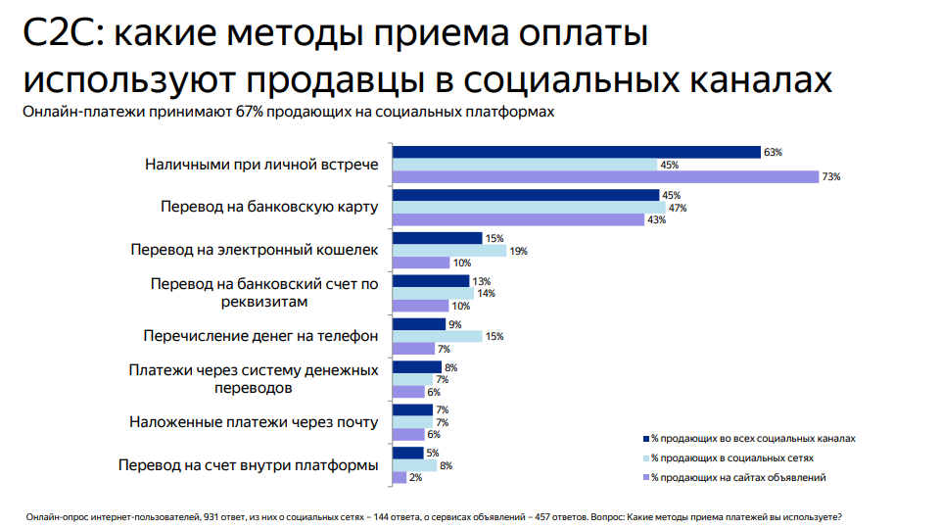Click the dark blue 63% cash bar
[x=576, y=152]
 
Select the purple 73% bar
[x=605, y=176]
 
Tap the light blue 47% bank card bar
[x=529, y=208]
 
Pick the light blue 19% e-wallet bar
[x=448, y=251]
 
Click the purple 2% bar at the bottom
[x=399, y=477]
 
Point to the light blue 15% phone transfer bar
[x=437, y=336]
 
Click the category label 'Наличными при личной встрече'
[x=260, y=165]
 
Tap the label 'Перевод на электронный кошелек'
[x=254, y=251]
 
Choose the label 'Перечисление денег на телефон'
[x=259, y=336]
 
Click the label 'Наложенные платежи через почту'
[x=254, y=422]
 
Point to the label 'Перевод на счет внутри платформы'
[x=248, y=465]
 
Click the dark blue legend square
[x=645, y=439]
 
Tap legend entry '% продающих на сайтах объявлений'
[x=738, y=477]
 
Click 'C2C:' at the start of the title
[x=61, y=34]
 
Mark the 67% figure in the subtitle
[x=250, y=112]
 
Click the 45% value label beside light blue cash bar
[x=670, y=165]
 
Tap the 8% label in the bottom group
[x=446, y=465]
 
